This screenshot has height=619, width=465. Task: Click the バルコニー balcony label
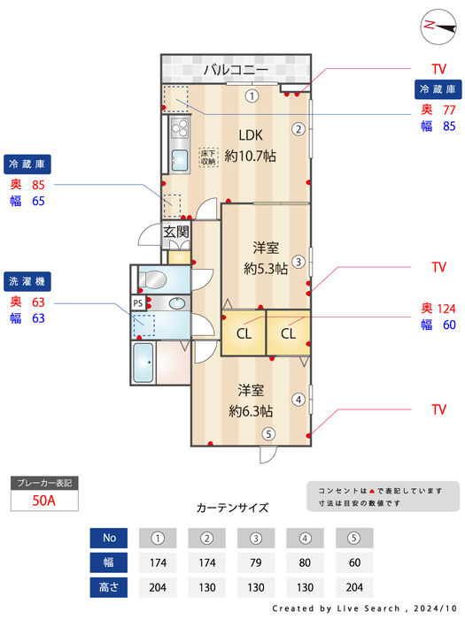pos(236,69)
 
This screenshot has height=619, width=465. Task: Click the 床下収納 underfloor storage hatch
pos(208,157)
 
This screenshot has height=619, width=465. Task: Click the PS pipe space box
pos(138,302)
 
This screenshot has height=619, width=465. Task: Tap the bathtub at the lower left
pos(143,363)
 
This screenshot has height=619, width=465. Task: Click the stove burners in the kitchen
pos(178,133)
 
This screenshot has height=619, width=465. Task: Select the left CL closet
pos(243,334)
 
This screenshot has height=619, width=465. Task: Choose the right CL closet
pos(289,334)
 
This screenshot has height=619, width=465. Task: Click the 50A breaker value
pos(44,501)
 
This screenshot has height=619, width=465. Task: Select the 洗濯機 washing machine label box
pos(29,281)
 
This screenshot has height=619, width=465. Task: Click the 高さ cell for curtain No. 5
pos(354,586)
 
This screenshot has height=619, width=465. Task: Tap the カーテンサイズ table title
pos(232,508)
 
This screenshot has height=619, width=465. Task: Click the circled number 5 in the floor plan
pos(268,433)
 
